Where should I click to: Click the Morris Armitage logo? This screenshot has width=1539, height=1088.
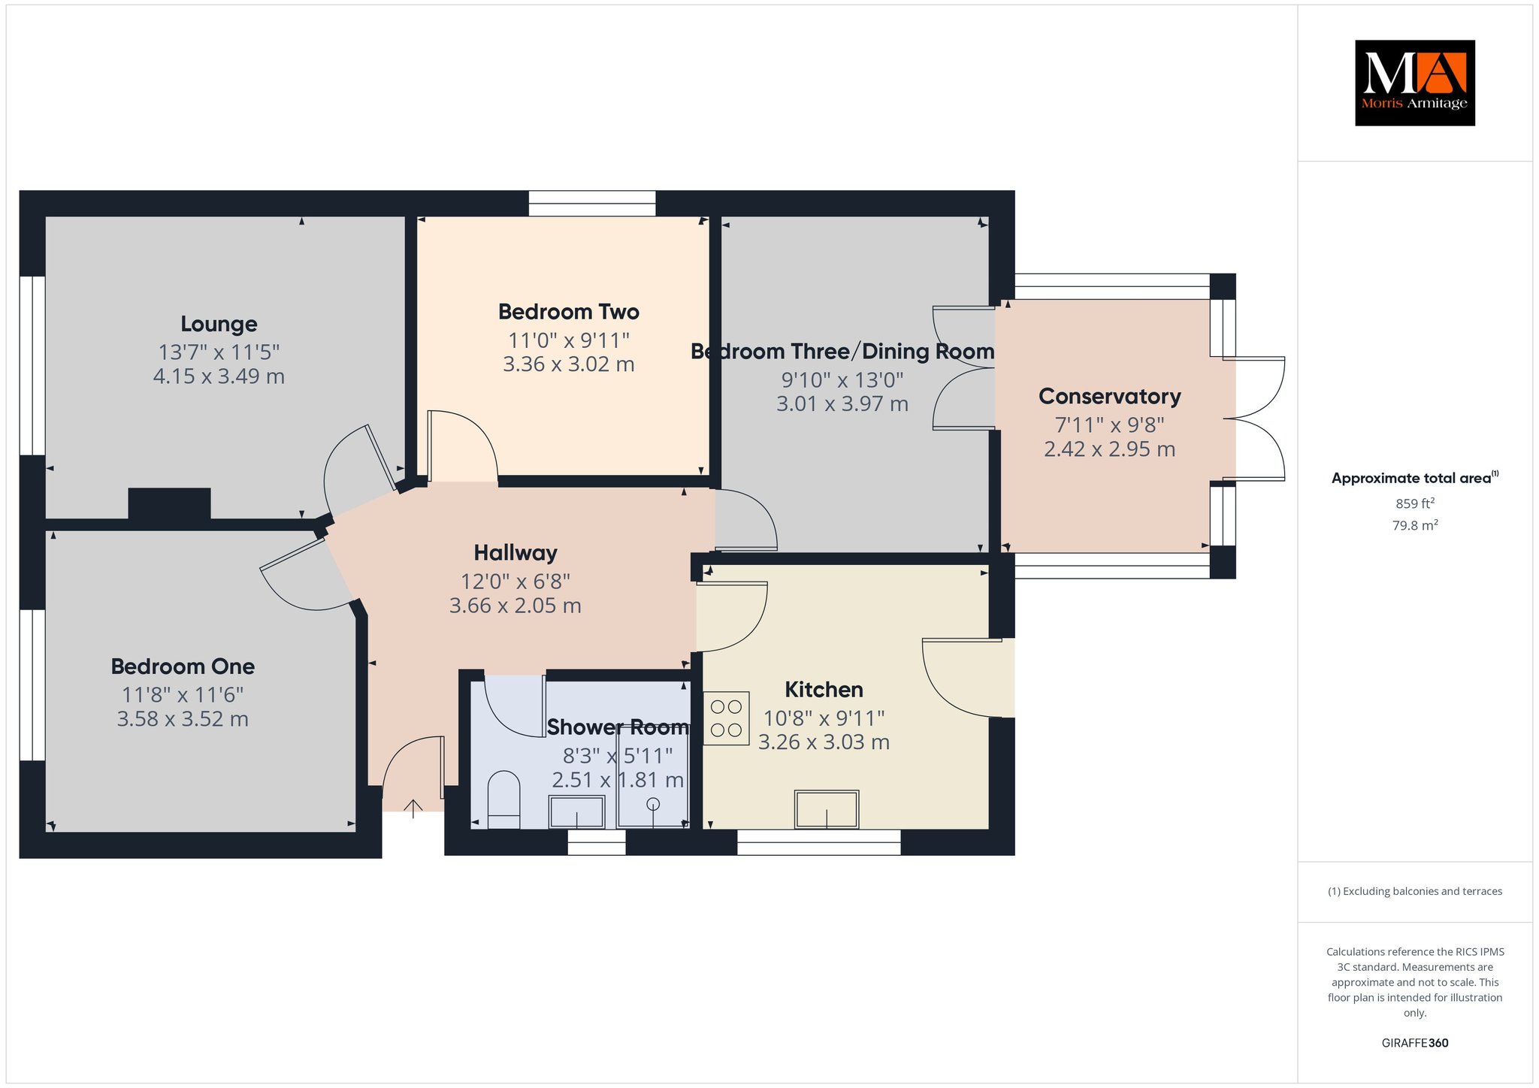[1414, 83]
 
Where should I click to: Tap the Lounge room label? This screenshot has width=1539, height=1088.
[219, 324]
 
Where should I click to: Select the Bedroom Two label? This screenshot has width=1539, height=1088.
[568, 312]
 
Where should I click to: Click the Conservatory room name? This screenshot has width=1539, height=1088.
[1109, 396]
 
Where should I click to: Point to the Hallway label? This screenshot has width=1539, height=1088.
[516, 553]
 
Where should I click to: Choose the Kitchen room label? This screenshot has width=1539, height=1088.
[824, 689]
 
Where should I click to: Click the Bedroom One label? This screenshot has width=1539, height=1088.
[183, 666]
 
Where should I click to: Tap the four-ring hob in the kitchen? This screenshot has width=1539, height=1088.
[726, 718]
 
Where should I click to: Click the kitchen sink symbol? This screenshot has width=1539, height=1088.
[827, 809]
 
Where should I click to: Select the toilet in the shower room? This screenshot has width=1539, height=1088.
[503, 800]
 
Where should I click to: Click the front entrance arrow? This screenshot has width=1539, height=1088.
[413, 808]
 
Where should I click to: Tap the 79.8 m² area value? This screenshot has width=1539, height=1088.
[1415, 525]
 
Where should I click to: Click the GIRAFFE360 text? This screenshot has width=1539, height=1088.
[1415, 1043]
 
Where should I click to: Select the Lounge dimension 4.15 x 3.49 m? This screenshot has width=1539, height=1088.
[219, 376]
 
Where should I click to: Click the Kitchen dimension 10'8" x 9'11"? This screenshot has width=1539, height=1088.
[824, 718]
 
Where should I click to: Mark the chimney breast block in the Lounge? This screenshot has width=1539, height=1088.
[169, 503]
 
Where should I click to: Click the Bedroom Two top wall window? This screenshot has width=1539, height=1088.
[592, 204]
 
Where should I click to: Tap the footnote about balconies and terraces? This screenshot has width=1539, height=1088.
[1415, 891]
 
